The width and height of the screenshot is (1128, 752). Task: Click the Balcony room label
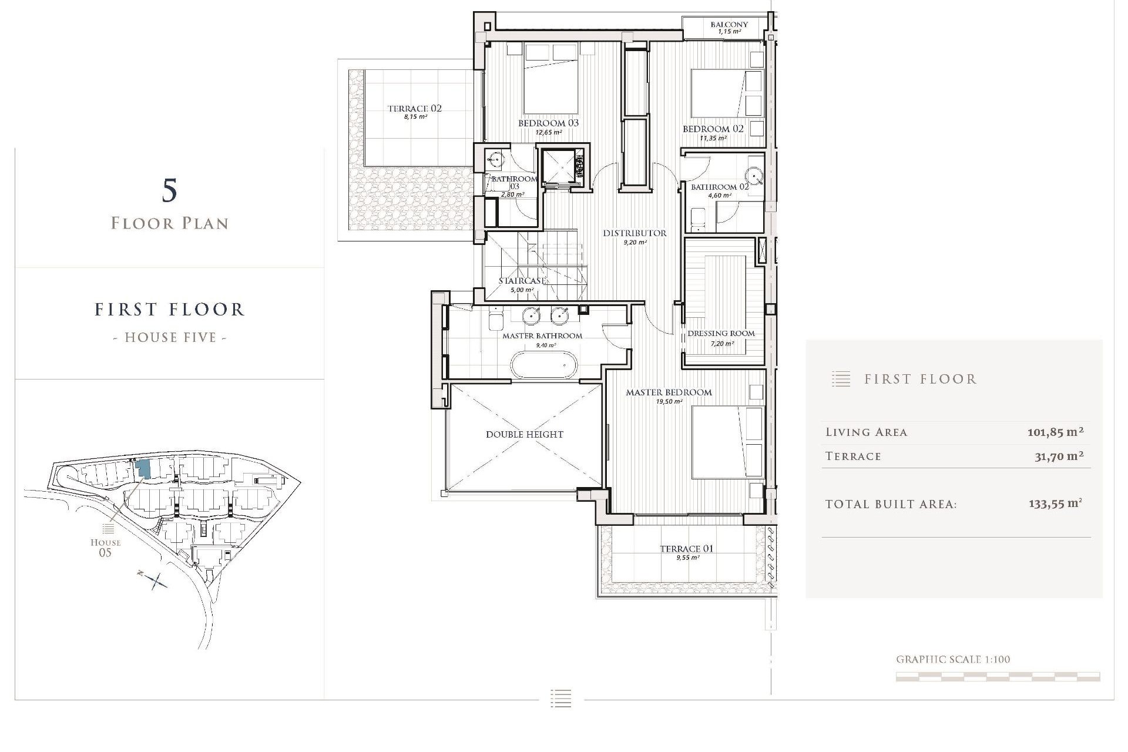coord(729,25)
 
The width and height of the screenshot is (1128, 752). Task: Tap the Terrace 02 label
coord(414,109)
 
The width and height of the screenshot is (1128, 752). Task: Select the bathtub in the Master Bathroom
coord(543,365)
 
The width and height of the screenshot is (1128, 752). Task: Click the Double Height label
coord(524,435)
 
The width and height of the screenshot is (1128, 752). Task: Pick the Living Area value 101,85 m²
coord(1055,432)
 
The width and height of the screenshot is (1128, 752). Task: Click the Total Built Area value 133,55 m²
coord(1055,504)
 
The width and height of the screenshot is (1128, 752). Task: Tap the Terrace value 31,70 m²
coord(1059,456)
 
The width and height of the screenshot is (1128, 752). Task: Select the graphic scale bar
coord(998,677)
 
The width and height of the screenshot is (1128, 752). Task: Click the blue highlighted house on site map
coord(143,469)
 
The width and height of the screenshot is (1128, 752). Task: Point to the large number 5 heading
coord(169,191)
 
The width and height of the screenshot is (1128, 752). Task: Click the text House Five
coord(170,338)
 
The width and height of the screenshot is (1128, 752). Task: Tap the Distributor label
coord(634,233)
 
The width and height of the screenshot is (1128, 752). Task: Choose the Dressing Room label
coord(721,334)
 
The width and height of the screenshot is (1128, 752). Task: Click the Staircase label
coord(522,281)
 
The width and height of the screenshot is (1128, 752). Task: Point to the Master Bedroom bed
coord(727,442)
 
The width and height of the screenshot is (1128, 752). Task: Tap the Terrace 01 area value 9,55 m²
coord(687,558)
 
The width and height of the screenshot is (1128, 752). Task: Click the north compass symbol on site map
coord(154,580)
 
